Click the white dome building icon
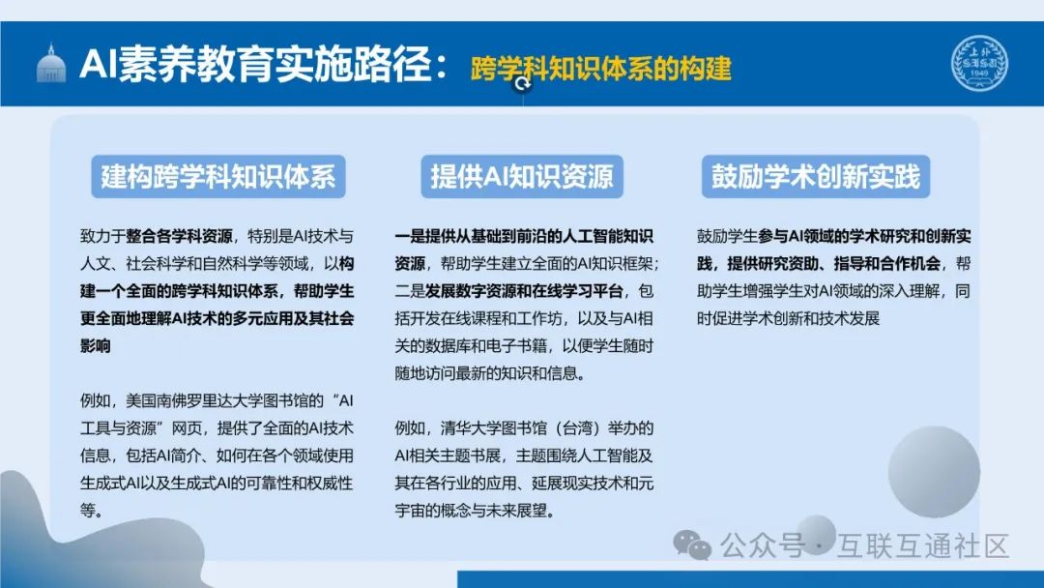pyautogui.click(x=50, y=65)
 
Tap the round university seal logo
pyautogui.click(x=979, y=62)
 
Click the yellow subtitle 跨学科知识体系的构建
pyautogui.click(x=600, y=69)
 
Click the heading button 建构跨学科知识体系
pyautogui.click(x=218, y=176)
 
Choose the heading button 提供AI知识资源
pyautogui.click(x=522, y=176)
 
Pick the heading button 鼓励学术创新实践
pyautogui.click(x=816, y=176)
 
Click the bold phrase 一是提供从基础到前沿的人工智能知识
pyautogui.click(x=524, y=236)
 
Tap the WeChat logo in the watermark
pyautogui.click(x=692, y=545)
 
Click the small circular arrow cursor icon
pyautogui.click(x=524, y=84)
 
